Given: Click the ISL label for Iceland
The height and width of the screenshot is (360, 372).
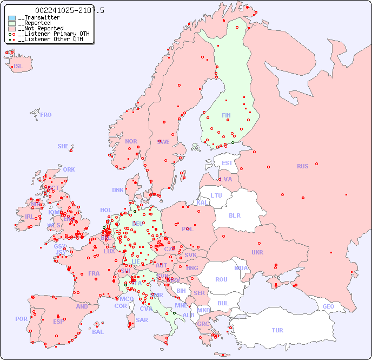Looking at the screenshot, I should [18, 66].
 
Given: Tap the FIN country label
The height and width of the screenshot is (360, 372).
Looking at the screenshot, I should [226, 115].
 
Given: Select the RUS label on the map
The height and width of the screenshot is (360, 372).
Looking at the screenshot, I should [302, 166].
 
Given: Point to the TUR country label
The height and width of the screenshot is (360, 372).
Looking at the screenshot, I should [277, 330].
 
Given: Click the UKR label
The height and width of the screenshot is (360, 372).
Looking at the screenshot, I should [257, 252].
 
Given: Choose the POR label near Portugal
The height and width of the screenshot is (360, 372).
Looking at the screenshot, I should [21, 319].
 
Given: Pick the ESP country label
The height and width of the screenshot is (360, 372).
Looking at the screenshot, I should [58, 321].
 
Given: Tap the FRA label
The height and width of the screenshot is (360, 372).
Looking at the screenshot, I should [94, 273].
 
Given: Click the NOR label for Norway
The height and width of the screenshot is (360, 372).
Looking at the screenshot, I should [131, 141].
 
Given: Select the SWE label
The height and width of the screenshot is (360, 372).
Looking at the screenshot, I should [163, 142].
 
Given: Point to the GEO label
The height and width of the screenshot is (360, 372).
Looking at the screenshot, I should [328, 306].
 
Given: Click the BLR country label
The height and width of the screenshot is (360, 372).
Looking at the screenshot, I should [235, 215].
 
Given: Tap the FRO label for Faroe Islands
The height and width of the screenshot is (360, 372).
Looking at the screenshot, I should [45, 115].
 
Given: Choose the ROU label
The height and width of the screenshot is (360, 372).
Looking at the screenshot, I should [221, 279].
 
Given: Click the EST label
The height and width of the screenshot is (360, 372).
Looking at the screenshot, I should [227, 163].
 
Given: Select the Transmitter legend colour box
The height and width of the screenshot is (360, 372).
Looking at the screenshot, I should [12, 18].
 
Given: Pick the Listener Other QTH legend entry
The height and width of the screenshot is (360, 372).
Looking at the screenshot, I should [50, 39].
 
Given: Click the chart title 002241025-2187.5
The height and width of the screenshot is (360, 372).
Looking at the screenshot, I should [69, 10].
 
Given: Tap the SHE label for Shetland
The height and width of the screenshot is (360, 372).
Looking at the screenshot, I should [63, 146].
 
